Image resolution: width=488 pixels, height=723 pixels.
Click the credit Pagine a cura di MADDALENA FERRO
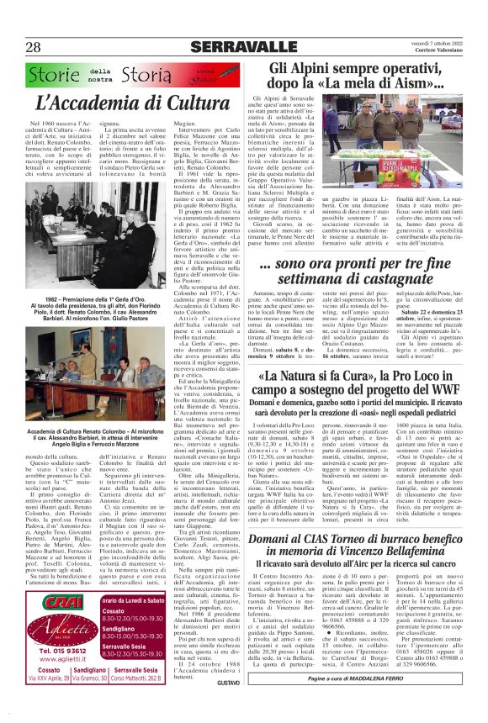(x=370, y=699)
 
